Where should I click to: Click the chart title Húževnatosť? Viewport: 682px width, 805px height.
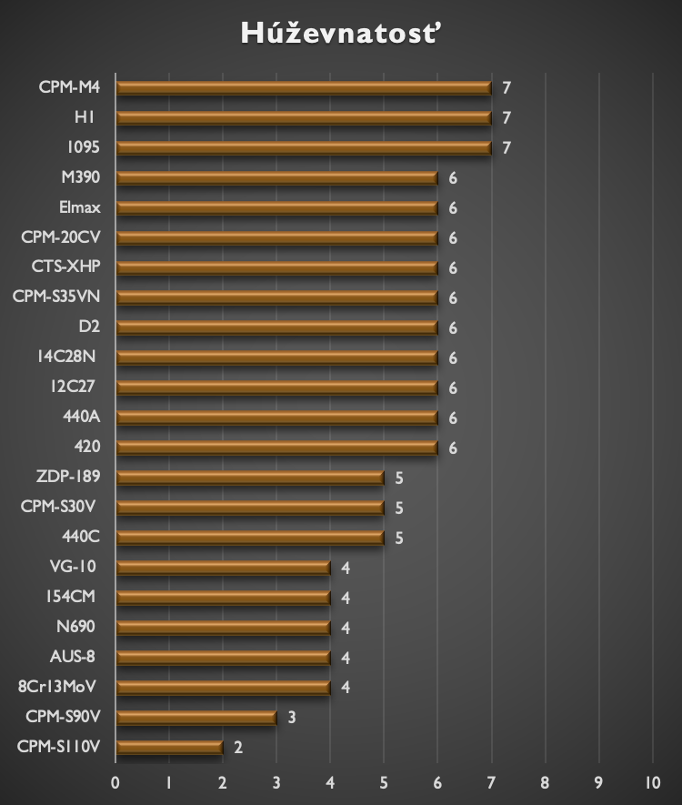(342, 34)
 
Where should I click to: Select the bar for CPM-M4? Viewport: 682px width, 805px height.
(304, 88)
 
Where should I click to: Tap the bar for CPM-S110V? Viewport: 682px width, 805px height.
(169, 748)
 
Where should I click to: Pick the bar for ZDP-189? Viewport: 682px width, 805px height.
(250, 478)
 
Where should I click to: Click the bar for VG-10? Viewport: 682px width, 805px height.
(223, 568)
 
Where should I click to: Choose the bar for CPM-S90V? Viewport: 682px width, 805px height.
(196, 718)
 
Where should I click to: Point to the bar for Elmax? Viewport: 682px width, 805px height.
(276, 207)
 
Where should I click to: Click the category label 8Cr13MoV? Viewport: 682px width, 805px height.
(57, 687)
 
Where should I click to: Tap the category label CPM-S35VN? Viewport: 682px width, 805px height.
(56, 297)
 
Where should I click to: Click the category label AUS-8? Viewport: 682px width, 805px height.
(73, 657)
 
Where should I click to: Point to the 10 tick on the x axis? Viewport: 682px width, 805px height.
(652, 782)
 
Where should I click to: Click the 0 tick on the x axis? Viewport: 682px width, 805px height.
(115, 782)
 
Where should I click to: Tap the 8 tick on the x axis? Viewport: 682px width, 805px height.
(545, 782)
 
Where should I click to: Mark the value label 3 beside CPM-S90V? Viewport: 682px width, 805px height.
(292, 718)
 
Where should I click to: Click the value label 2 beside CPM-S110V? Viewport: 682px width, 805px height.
(238, 748)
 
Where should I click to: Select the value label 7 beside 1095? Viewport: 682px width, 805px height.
(506, 148)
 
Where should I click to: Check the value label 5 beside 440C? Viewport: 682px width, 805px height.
(398, 538)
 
